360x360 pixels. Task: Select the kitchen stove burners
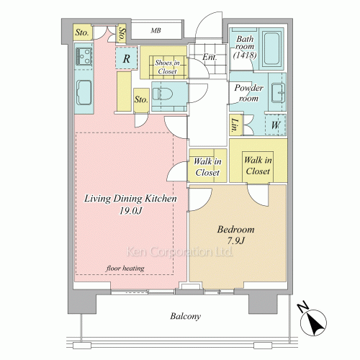(84, 57)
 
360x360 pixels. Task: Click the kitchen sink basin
(84, 92)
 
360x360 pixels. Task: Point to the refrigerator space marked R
(127, 58)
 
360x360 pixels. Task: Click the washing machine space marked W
(276, 125)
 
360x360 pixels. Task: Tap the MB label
(156, 30)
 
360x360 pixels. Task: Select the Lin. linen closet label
(235, 125)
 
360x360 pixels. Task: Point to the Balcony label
(185, 316)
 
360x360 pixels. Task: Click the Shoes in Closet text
(167, 67)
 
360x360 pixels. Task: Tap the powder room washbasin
(278, 93)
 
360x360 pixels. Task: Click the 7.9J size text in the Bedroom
(236, 240)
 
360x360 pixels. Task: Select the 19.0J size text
(131, 211)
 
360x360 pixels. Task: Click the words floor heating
(125, 268)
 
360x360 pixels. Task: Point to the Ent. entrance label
(210, 57)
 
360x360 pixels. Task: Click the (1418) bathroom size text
(245, 55)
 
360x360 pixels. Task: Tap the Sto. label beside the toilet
(141, 99)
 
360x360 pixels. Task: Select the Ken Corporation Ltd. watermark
(179, 252)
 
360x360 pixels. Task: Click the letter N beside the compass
(302, 307)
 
